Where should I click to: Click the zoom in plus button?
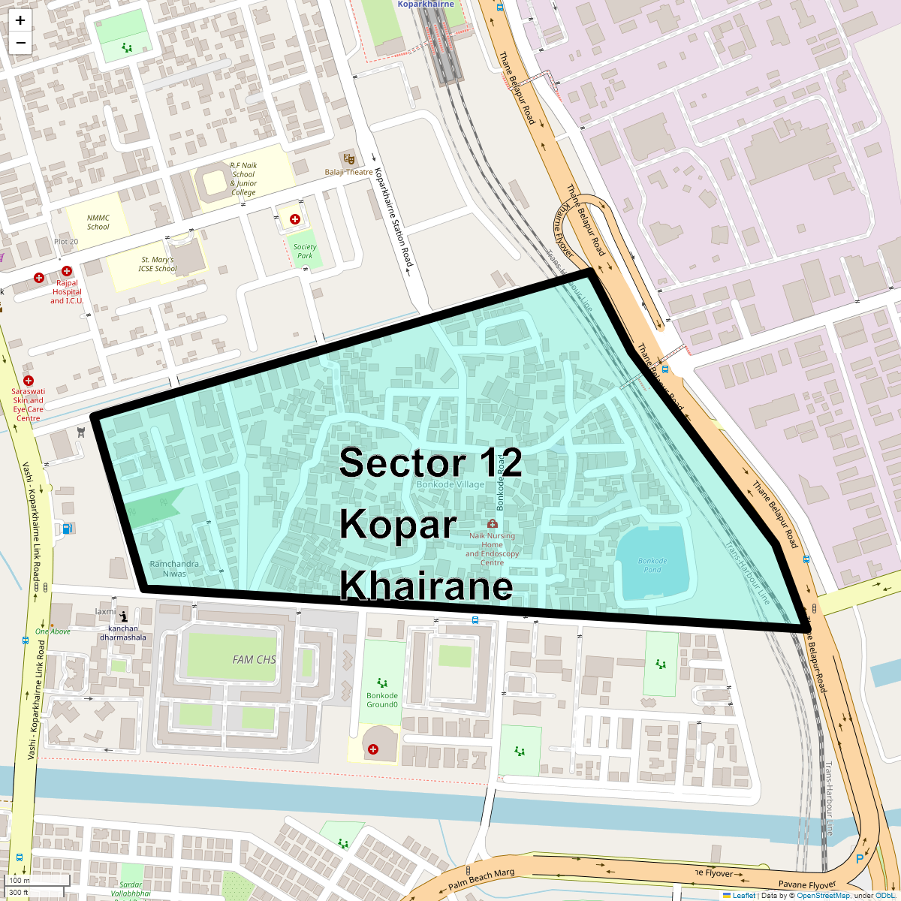click(20, 20)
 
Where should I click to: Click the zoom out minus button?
click(20, 43)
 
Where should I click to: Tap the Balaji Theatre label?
click(348, 172)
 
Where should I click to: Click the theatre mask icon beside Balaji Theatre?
click(347, 158)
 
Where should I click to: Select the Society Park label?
click(305, 251)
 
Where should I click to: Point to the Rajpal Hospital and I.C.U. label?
click(67, 293)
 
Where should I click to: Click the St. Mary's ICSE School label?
click(157, 264)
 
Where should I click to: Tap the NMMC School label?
click(98, 222)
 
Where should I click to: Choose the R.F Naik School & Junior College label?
click(243, 179)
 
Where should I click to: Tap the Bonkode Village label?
click(450, 484)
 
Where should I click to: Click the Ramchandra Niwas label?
click(174, 568)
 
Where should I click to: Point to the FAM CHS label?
click(254, 659)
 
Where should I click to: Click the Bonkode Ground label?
click(382, 700)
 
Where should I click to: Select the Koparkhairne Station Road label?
click(394, 216)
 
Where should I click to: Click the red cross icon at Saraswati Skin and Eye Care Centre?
click(29, 381)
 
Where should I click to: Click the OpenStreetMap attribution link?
click(823, 895)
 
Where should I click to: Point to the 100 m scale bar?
click(38, 881)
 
